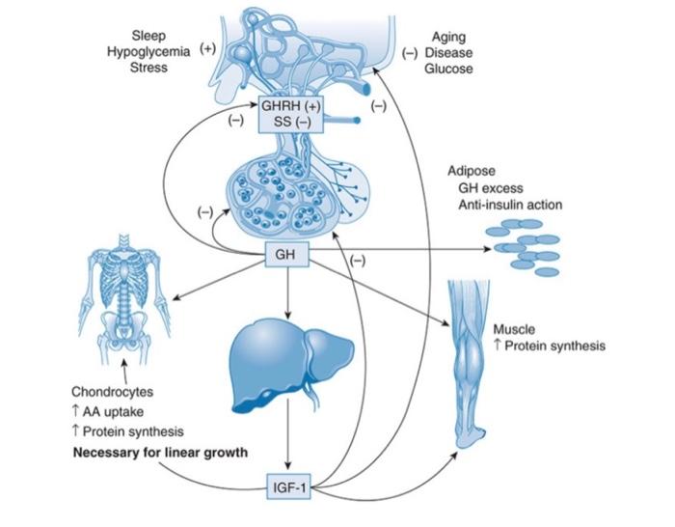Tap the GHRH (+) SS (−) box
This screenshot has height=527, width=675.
coord(292,113)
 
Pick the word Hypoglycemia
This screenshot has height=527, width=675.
coord(148,52)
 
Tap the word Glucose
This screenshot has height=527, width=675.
coord(448,69)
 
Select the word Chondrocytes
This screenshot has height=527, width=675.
coord(113,393)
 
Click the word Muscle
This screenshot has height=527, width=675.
coord(514,329)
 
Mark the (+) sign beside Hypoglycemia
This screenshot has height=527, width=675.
coord(206,48)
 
